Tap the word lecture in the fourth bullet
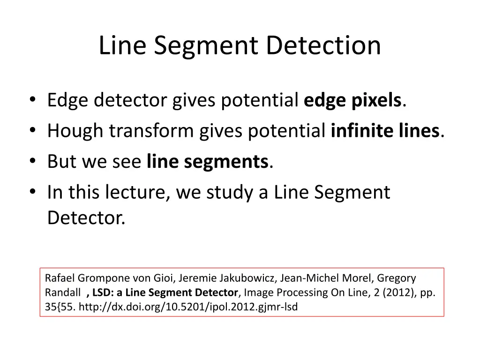(138, 192)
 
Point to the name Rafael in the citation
(60, 278)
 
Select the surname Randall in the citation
(62, 292)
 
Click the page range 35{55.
(60, 307)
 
